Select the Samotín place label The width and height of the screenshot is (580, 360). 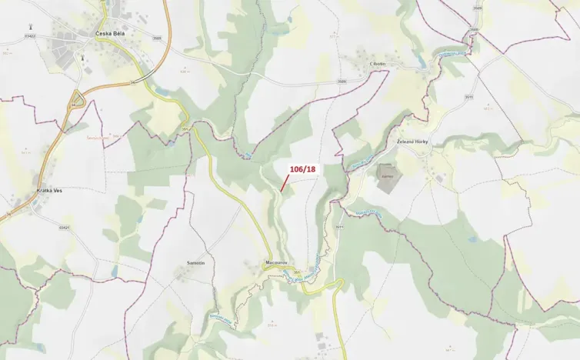195,263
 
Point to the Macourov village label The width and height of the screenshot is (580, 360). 275,262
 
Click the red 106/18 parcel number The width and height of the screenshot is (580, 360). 302,169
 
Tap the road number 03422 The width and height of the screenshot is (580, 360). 30,35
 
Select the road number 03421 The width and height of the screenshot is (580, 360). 65,227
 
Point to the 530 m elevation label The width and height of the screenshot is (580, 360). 185,71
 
